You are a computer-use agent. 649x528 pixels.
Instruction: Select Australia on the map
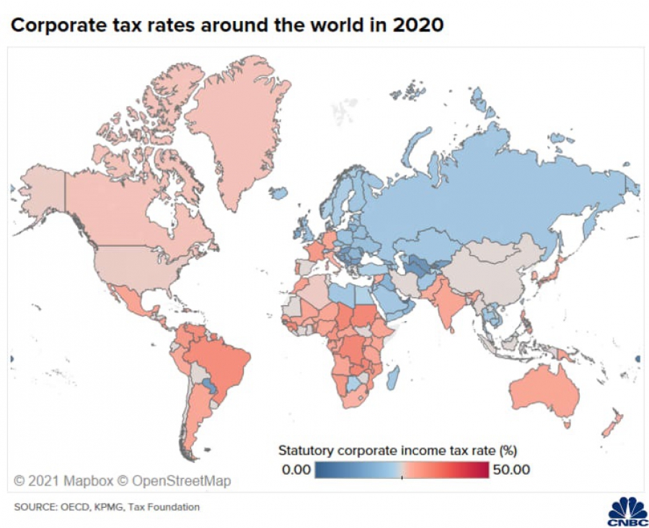pos(544,390)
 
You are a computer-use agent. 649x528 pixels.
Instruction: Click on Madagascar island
pos(394,375)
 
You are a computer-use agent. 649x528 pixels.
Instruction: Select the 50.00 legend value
pos(511,470)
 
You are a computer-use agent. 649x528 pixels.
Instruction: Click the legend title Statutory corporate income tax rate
pos(397,451)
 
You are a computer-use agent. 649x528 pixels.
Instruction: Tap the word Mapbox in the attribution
pos(83,480)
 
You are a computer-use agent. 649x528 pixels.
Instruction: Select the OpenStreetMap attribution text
pos(180,480)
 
